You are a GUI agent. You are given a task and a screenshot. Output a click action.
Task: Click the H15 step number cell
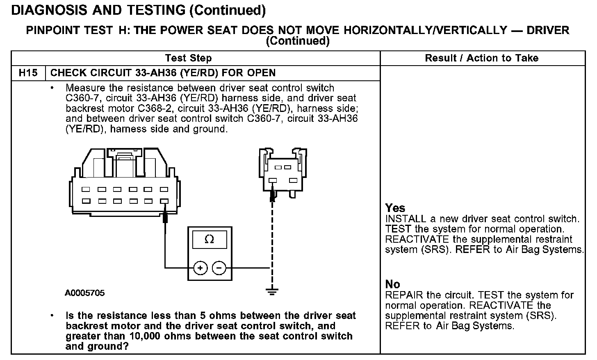point(28,73)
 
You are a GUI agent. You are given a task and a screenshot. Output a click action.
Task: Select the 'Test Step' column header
point(188,58)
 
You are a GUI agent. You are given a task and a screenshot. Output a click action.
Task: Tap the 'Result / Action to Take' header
point(481,58)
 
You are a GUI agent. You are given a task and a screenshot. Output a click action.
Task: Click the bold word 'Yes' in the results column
point(395,208)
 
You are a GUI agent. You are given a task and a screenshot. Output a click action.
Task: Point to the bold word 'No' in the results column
point(392,284)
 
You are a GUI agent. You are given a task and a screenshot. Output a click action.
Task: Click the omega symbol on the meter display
point(209,239)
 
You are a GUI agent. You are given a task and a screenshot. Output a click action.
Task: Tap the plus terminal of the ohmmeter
point(201,268)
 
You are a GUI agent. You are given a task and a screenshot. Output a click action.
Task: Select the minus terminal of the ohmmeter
point(219,268)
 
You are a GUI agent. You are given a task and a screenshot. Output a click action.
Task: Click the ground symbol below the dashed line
point(271,292)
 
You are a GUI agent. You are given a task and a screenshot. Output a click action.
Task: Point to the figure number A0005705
point(84,293)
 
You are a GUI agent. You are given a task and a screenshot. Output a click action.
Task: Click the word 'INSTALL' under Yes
point(400,219)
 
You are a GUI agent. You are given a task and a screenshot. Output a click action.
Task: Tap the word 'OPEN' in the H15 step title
point(261,73)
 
